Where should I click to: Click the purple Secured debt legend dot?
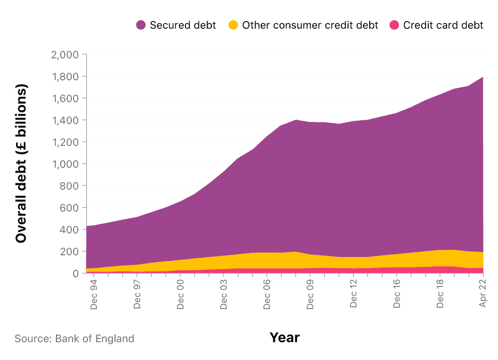click(141, 25)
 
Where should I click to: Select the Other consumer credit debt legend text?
click(310, 25)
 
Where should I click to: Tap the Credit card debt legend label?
click(443, 25)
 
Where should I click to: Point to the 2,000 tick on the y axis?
click(65, 55)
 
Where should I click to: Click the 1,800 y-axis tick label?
click(65, 76)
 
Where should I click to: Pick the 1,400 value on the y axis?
click(65, 120)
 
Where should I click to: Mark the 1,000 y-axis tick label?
click(65, 164)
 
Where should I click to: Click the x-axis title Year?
click(284, 337)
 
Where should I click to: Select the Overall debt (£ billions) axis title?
click(21, 164)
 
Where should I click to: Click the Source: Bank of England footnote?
click(74, 338)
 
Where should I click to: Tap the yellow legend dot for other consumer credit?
click(234, 25)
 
